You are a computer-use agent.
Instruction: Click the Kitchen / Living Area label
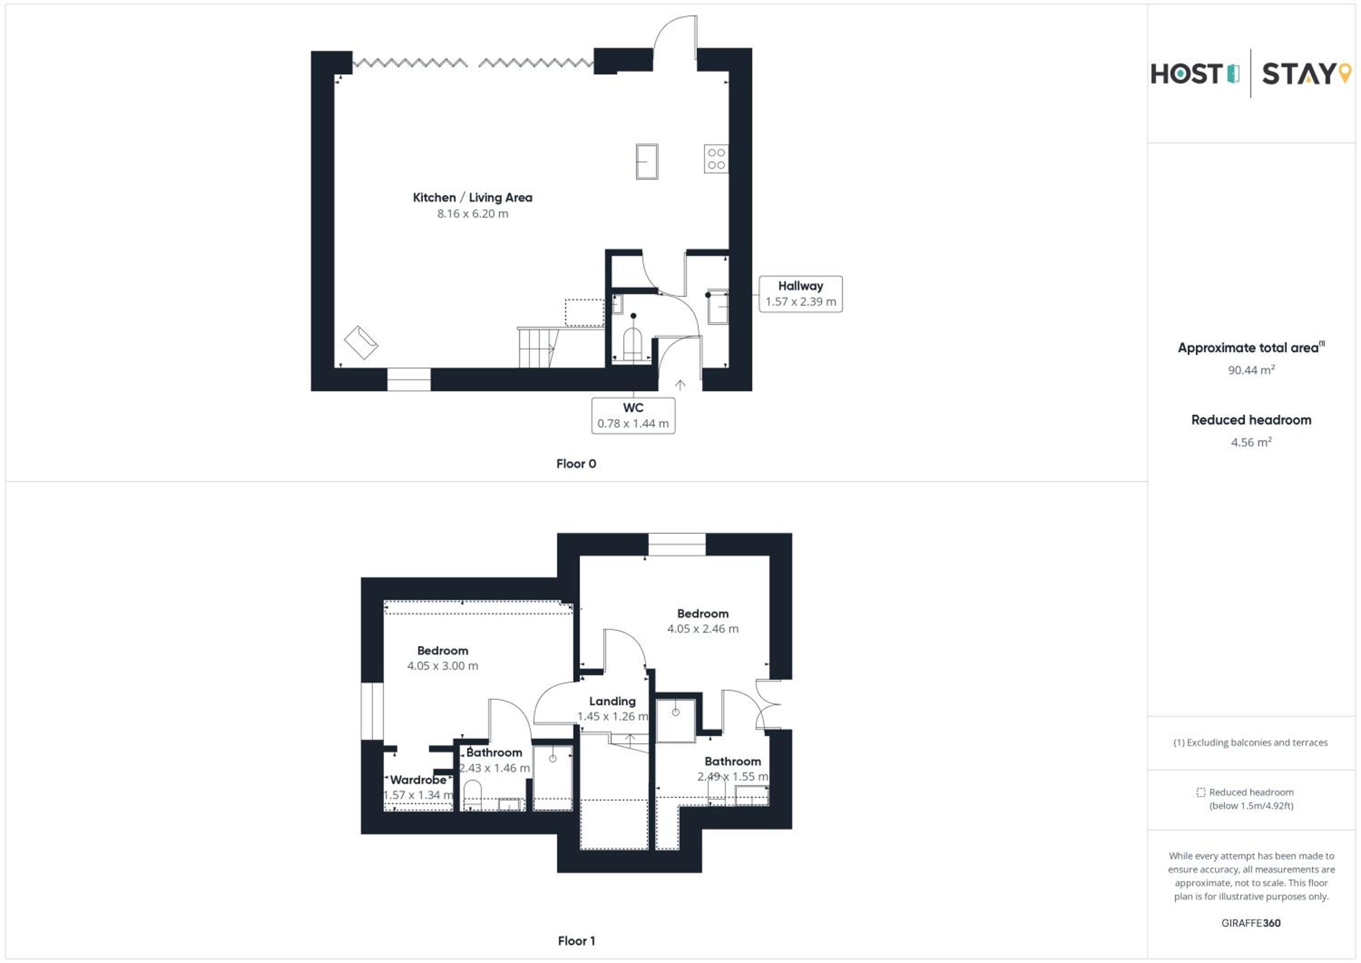pyautogui.click(x=472, y=197)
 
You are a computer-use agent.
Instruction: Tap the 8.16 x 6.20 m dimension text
pyautogui.click(x=472, y=213)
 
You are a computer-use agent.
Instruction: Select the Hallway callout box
pyautogui.click(x=800, y=294)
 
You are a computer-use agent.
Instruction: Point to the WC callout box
pyautogui.click(x=633, y=416)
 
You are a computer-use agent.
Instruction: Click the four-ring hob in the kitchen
pyautogui.click(x=716, y=159)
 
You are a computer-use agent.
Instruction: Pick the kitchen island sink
pyautogui.click(x=647, y=161)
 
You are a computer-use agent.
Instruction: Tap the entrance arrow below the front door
pyautogui.click(x=680, y=385)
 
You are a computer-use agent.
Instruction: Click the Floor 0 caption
pyautogui.click(x=576, y=464)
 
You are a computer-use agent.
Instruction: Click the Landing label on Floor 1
pyautogui.click(x=612, y=702)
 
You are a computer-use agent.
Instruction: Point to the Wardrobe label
pyautogui.click(x=418, y=780)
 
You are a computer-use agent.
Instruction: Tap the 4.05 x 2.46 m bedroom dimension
pyautogui.click(x=703, y=629)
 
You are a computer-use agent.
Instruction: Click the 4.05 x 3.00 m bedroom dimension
pyautogui.click(x=443, y=666)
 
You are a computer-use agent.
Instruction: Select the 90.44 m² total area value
pyautogui.click(x=1251, y=370)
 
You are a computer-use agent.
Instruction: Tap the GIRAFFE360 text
pyautogui.click(x=1251, y=923)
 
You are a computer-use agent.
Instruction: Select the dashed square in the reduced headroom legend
pyautogui.click(x=1201, y=792)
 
